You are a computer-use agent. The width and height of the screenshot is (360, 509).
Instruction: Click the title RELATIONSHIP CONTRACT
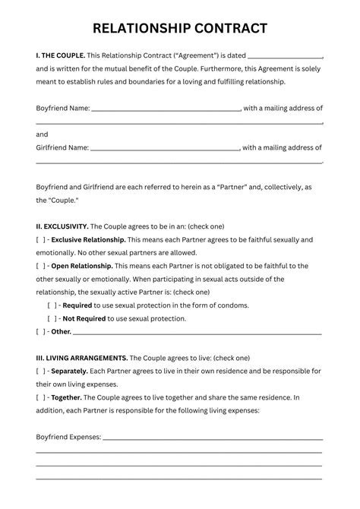180,29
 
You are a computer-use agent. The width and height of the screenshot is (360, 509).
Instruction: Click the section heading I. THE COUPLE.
61,56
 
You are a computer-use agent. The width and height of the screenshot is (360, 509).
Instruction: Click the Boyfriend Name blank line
166,109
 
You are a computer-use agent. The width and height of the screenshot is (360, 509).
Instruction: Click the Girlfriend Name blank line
166,148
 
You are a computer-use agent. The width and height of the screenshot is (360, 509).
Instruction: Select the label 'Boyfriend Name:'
63,109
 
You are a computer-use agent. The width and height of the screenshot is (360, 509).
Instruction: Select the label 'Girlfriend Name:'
62,147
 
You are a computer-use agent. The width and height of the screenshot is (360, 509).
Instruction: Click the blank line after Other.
197,333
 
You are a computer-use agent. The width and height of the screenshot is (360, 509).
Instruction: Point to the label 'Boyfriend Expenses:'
68,437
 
